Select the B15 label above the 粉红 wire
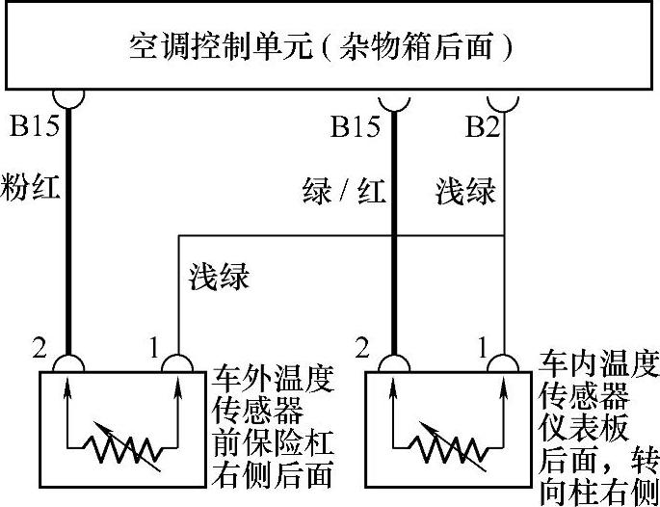pyautogui.click(x=33, y=126)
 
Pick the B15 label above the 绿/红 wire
pyautogui.click(x=355, y=126)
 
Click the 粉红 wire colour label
pyautogui.click(x=32, y=186)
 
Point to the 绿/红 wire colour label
pyautogui.click(x=343, y=191)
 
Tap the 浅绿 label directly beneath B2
pyautogui.click(x=465, y=191)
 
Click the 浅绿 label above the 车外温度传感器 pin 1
pyautogui.click(x=218, y=277)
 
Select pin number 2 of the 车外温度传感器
pyautogui.click(x=39, y=346)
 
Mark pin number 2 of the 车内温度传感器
pyautogui.click(x=363, y=346)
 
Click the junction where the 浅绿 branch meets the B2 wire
pyautogui.click(x=505, y=235)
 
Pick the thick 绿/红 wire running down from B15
pyautogui.click(x=395, y=251)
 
